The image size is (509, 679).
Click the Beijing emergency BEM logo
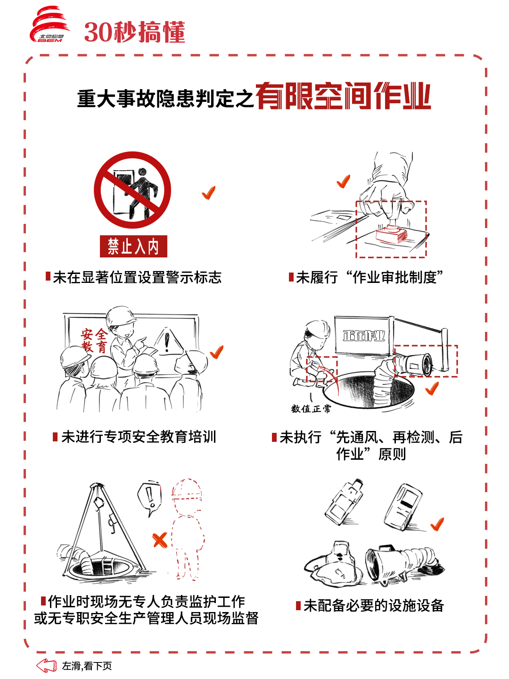click(x=49, y=25)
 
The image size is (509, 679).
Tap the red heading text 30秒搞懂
click(x=135, y=32)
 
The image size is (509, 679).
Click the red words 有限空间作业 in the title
click(x=343, y=96)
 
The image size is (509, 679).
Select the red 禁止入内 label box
click(x=133, y=246)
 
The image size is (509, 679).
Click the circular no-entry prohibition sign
click(x=132, y=190)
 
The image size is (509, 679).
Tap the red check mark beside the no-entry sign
click(x=209, y=192)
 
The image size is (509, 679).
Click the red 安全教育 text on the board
click(x=94, y=340)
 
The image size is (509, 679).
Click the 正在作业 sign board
click(x=364, y=335)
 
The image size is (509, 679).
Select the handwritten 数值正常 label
click(x=311, y=409)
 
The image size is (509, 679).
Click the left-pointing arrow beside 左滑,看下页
click(x=46, y=665)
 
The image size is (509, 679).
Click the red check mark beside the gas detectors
click(x=437, y=524)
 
